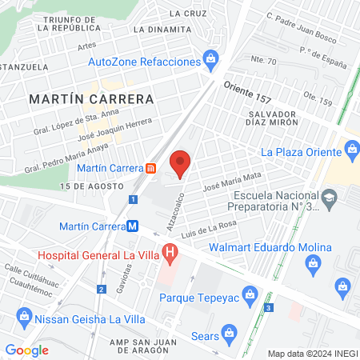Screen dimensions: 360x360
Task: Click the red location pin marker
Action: tap(181, 163)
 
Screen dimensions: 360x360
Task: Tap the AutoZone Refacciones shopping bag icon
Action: tap(211, 58)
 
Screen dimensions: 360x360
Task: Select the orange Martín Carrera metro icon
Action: tap(151, 168)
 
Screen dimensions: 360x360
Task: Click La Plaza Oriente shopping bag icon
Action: tap(351, 148)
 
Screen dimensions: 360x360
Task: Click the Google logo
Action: tap(27, 350)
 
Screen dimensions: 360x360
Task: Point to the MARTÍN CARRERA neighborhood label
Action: tap(90, 98)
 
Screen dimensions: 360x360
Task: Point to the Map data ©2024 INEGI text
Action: tap(311, 353)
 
